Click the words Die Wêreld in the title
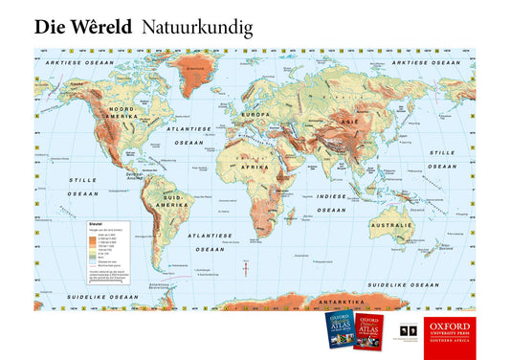coord(82,28)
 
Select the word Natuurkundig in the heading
coord(197,29)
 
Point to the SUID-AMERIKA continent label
coord(174,203)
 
